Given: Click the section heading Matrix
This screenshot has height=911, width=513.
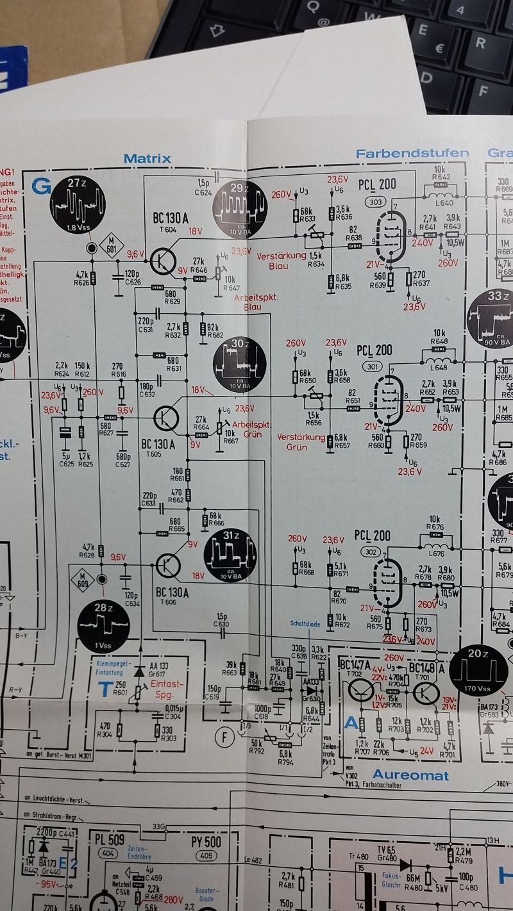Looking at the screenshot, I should click(x=147, y=158).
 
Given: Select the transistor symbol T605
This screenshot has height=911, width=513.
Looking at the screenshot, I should click(x=167, y=417).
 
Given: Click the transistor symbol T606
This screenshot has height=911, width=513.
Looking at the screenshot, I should click(x=169, y=565).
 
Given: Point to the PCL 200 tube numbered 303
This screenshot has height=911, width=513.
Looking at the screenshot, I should click(x=391, y=234).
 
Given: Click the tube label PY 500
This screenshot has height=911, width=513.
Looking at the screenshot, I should click(x=206, y=841).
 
